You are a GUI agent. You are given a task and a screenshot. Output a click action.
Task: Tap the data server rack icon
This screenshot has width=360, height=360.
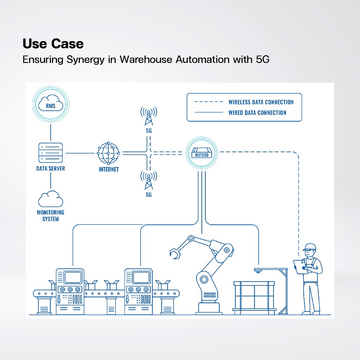point(51,153)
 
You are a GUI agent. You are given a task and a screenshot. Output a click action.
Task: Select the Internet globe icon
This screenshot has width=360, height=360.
point(108,153)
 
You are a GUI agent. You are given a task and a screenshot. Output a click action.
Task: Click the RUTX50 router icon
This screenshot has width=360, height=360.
point(201,153)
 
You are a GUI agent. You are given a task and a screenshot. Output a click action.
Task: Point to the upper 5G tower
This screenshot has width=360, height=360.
point(149,116)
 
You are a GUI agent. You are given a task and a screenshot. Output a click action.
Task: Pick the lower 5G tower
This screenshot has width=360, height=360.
point(149,180)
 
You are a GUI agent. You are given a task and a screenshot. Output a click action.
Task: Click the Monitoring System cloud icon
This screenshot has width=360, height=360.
point(51,199)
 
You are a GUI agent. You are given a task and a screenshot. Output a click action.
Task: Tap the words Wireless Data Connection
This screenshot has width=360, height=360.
point(261,102)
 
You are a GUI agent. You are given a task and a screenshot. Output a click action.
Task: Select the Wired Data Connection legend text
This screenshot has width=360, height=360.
point(257,112)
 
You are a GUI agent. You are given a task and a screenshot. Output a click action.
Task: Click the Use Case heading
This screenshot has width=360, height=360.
point(53,44)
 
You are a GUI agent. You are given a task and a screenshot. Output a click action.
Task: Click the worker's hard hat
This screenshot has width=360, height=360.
point(309,247)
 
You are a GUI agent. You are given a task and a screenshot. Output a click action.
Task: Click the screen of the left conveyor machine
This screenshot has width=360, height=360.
point(73,277)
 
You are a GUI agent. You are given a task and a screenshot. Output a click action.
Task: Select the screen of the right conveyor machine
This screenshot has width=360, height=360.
point(141,277)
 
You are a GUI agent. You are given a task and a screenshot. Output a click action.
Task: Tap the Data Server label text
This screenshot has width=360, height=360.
point(51,168)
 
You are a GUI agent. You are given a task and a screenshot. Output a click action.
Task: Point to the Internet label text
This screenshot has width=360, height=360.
point(109,169)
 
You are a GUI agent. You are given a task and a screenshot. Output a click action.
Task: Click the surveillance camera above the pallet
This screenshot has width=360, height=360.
point(258,271)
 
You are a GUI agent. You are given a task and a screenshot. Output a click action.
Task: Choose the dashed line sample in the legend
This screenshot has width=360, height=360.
point(209,102)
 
